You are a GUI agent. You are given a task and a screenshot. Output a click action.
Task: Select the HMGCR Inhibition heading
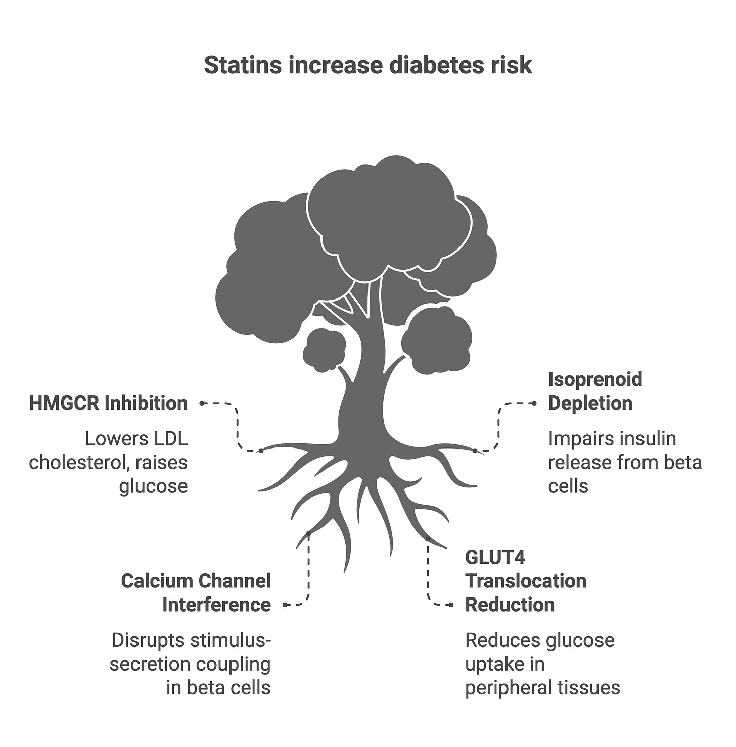coord(108,403)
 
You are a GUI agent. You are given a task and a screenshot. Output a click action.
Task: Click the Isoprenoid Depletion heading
coord(595,391)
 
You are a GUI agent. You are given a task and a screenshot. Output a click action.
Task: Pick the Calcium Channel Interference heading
coord(196,592)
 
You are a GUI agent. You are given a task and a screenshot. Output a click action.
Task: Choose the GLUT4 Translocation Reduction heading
coord(525,581)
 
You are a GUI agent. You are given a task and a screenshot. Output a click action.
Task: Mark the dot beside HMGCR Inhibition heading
coord(202,403)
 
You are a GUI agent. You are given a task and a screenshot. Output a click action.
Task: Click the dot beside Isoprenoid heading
coord(533,403)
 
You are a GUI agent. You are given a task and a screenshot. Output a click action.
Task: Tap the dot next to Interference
coord(286,605)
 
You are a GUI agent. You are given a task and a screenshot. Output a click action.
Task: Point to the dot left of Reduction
coord(451,605)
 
